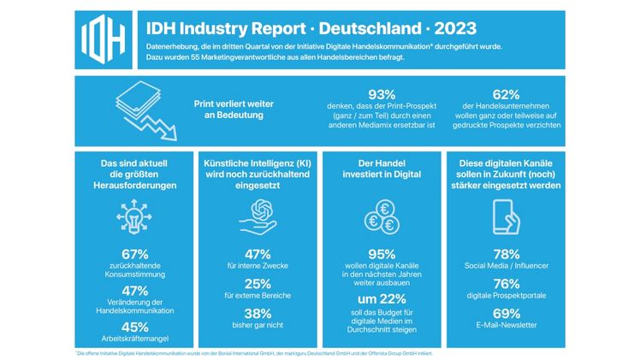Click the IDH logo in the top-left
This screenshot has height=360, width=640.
coord(104,39)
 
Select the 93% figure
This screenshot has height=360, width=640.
coord(381,95)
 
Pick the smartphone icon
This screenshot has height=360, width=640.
coord(507,217)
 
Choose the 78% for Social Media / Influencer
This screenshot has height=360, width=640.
coord(507,255)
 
